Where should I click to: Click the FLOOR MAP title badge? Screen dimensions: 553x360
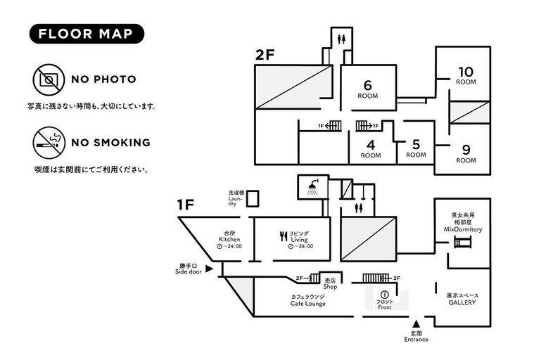tap(87, 34)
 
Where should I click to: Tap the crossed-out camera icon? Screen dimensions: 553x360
tap(49, 79)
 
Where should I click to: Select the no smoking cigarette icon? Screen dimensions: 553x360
tap(49, 143)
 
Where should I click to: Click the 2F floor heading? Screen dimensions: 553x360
tap(265, 55)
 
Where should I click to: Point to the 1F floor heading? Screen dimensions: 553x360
tap(186, 205)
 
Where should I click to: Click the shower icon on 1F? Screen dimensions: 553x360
tap(312, 187)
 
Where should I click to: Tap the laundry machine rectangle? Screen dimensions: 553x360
tap(253, 198)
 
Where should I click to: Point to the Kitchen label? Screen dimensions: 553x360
tap(229, 239)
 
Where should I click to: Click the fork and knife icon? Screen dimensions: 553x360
tap(284, 236)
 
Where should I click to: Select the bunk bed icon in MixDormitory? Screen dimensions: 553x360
tap(463, 243)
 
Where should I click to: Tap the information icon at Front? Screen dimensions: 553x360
tap(384, 295)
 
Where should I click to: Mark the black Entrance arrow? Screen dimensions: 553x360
tap(417, 323)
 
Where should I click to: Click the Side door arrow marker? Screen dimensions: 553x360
tap(210, 269)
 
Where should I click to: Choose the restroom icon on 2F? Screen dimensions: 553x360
tap(341, 39)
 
